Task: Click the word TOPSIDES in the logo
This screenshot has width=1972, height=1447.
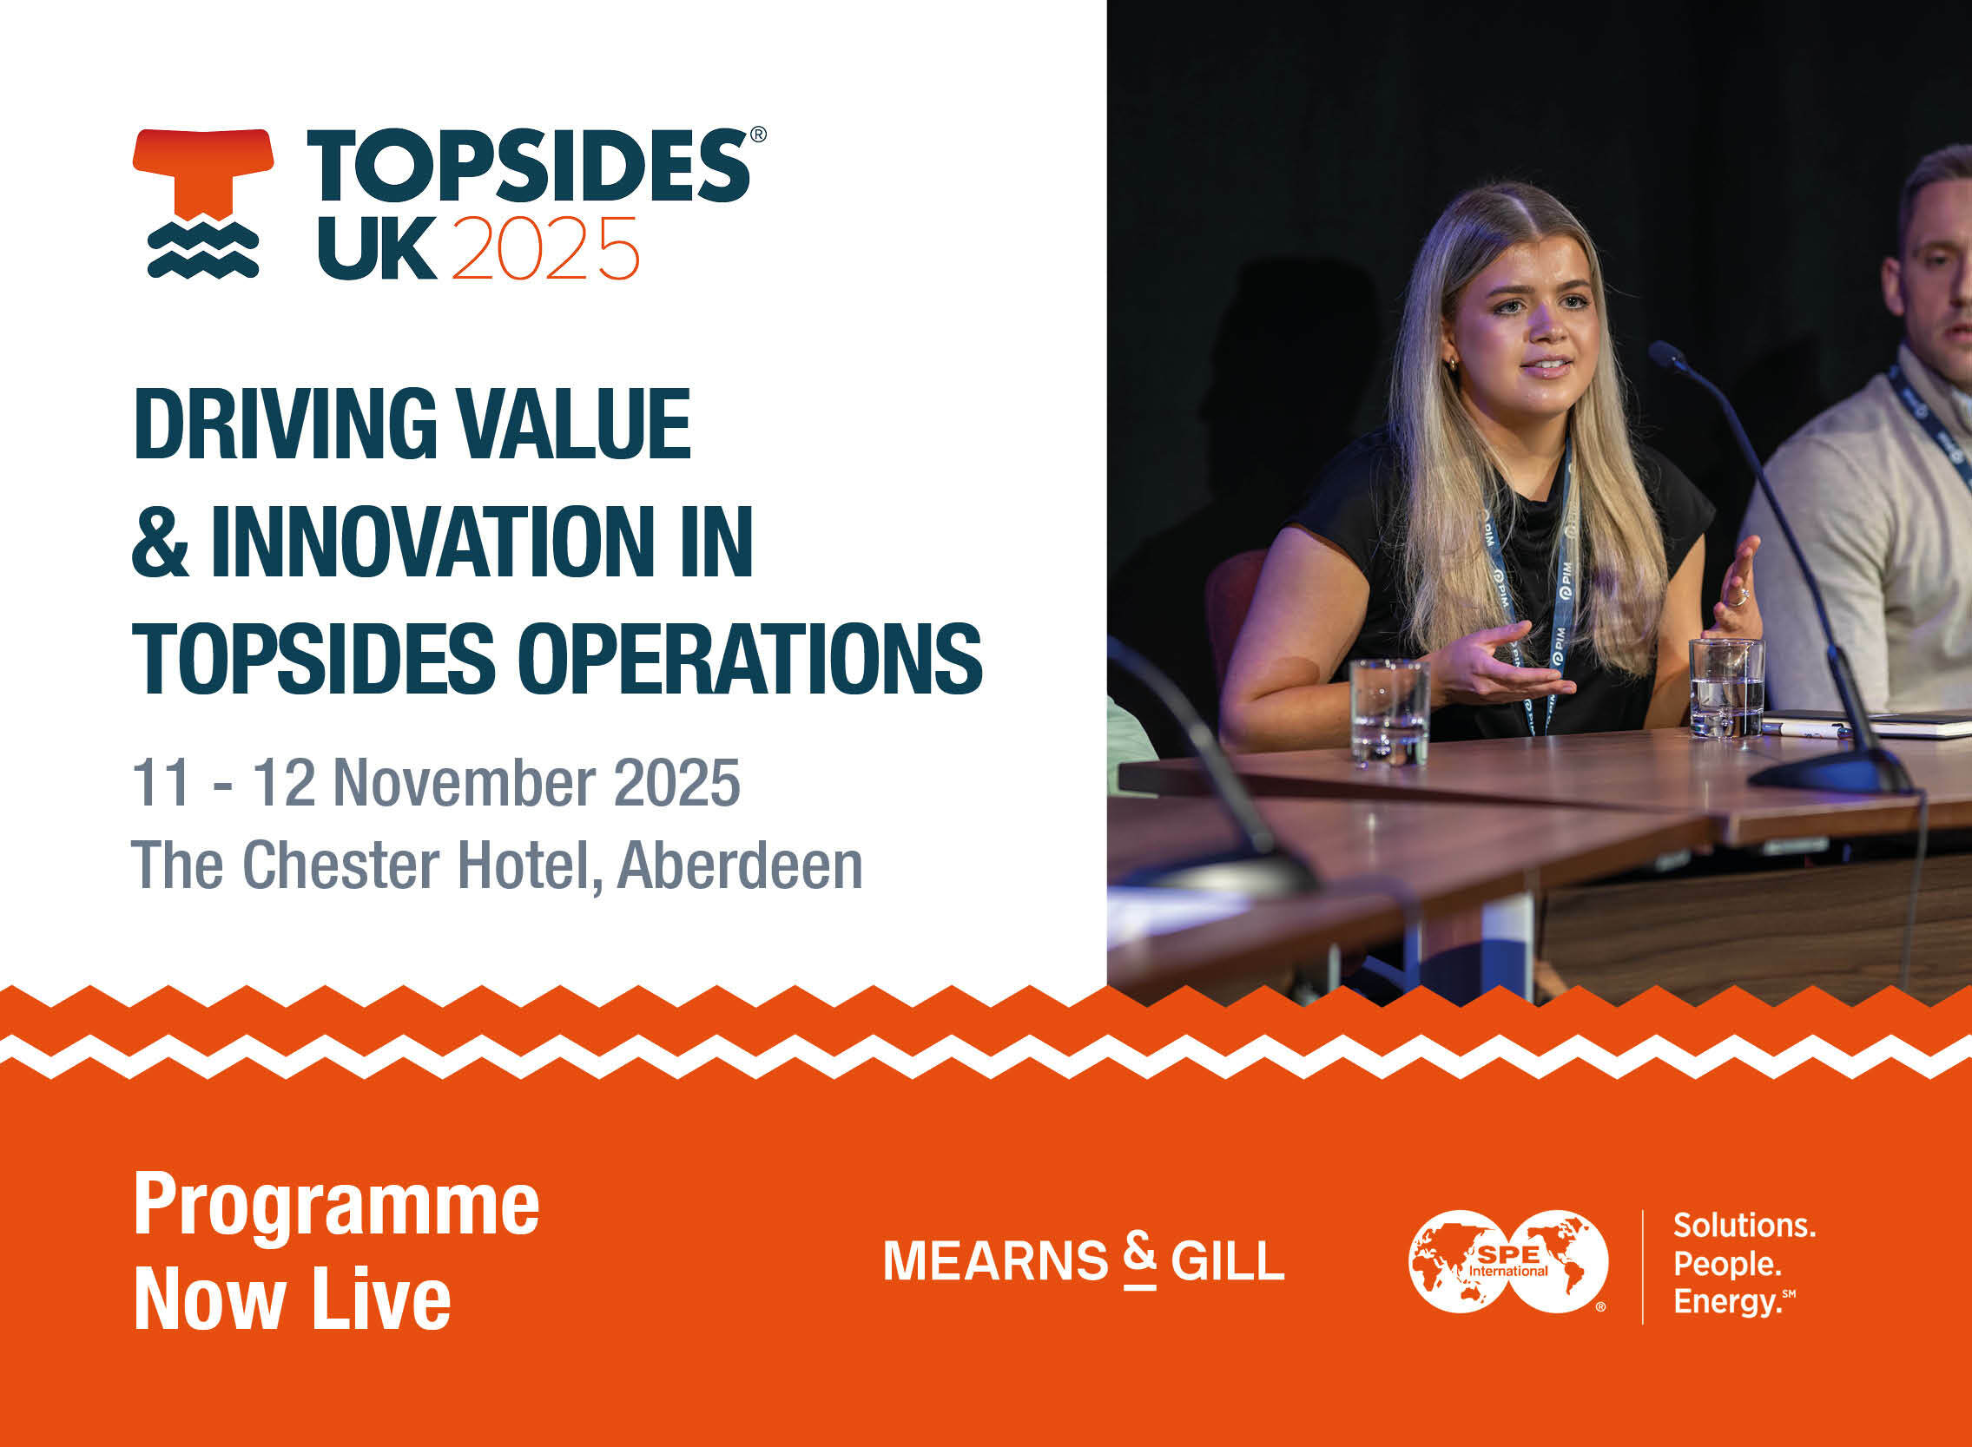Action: coord(527,166)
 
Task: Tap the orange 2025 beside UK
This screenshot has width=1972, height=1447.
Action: coord(546,248)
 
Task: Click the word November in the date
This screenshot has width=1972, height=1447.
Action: coord(465,782)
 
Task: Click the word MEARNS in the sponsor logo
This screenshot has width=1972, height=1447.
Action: coord(995,1260)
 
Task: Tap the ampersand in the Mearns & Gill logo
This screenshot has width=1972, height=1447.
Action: coord(1140,1259)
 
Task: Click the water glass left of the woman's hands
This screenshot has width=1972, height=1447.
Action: coord(1389,712)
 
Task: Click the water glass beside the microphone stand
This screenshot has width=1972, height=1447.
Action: coord(1726,687)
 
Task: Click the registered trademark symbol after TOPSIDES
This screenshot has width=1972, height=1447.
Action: coord(759,134)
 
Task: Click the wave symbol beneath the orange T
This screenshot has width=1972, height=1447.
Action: coord(203,250)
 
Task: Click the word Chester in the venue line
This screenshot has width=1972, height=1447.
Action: coord(340,865)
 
